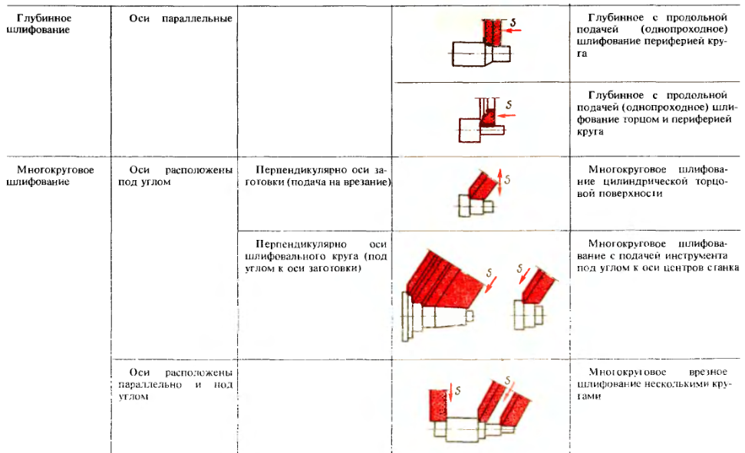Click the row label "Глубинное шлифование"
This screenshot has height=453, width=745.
[39, 24]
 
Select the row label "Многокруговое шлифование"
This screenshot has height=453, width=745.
[51, 176]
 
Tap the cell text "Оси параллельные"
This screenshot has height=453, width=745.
[180, 18]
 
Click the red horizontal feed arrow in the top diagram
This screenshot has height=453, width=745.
[513, 31]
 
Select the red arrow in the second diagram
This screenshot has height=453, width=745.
[507, 116]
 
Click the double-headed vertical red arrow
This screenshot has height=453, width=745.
[499, 183]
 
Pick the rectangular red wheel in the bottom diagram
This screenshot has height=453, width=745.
[439, 405]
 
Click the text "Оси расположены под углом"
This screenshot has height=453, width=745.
[176, 176]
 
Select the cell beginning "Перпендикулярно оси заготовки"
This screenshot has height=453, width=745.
[318, 176]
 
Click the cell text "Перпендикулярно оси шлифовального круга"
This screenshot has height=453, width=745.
[316, 257]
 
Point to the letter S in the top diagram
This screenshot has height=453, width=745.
[513, 21]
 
